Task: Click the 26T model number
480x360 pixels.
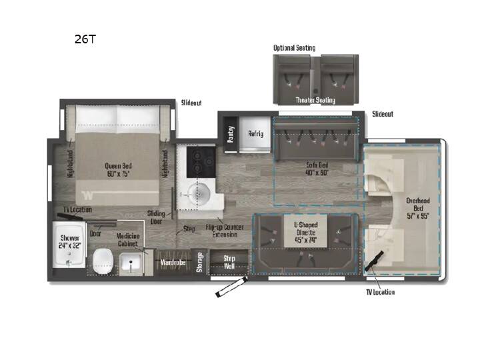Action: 85,39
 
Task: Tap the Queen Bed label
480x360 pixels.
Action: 118,170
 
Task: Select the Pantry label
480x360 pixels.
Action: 231,134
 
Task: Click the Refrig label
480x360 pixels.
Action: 255,133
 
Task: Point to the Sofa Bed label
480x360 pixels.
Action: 317,169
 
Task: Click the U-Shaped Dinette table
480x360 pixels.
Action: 305,231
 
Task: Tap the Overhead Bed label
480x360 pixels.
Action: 418,208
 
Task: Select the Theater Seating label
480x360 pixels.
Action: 315,100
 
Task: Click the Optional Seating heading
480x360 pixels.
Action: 294,48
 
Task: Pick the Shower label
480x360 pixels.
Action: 70,241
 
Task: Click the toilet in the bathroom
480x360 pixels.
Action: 103,261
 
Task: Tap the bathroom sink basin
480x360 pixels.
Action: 131,263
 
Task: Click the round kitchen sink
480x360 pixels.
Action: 199,194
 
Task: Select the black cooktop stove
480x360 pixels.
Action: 201,162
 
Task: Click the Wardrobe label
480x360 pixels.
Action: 173,263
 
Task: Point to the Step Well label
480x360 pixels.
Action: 229,263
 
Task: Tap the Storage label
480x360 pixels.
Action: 199,262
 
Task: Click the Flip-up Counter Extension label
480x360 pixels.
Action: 225,231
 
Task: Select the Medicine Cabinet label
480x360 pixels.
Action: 128,240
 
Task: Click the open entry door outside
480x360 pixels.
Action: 231,287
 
